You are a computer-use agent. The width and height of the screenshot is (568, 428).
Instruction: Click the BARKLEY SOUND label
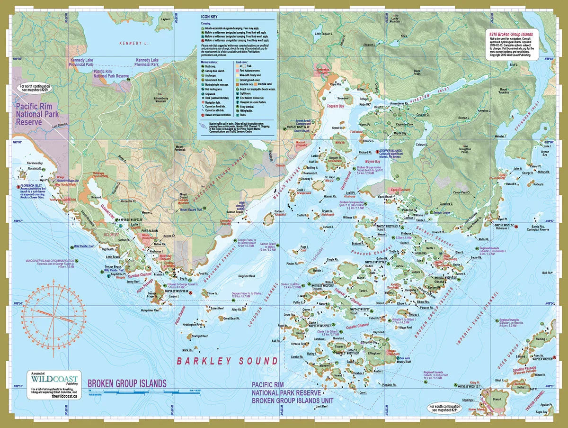coord(227,361)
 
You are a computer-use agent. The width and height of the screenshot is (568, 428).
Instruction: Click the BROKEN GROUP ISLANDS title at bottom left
coord(127,383)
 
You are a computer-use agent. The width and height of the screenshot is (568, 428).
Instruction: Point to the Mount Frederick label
coord(182,148)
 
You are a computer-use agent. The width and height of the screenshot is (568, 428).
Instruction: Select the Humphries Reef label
coord(150,310)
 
